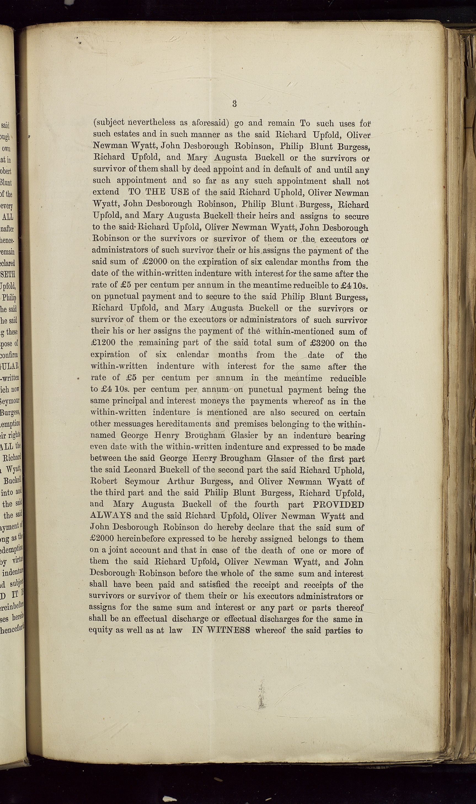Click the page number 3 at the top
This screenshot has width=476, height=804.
click(234, 104)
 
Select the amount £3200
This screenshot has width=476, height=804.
click(323, 343)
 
